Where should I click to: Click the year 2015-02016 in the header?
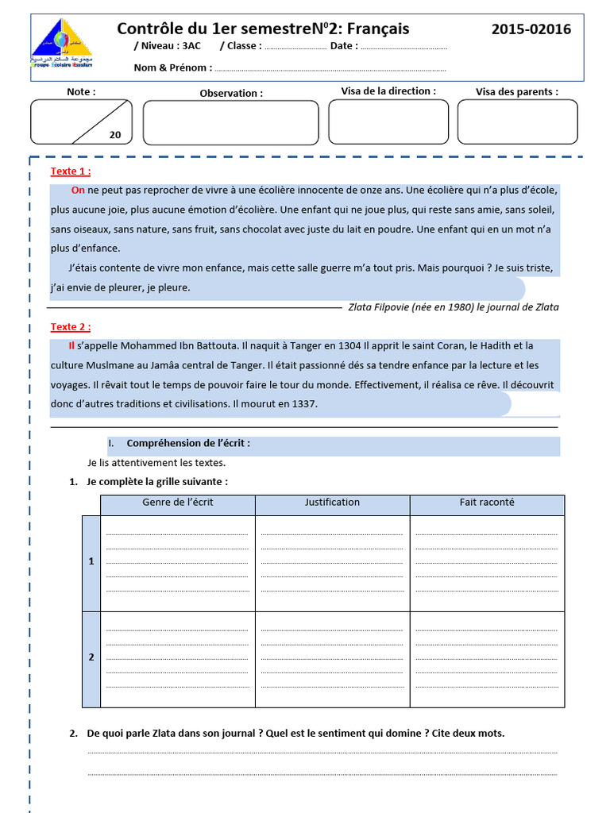point(531,29)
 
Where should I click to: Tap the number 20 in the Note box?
point(115,135)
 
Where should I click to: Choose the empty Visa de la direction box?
point(388,122)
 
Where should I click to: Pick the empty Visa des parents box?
point(517,122)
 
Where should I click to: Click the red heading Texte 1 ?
point(71,171)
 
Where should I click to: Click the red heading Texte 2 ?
point(71,327)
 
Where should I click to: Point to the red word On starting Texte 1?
point(78,191)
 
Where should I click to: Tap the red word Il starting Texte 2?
point(71,346)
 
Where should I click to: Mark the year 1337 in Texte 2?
point(303,404)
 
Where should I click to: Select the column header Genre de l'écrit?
point(178,503)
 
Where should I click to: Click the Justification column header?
point(332,503)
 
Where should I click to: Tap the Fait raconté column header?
point(486,503)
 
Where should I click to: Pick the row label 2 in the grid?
point(91,657)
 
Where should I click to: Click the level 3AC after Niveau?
point(191,46)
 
